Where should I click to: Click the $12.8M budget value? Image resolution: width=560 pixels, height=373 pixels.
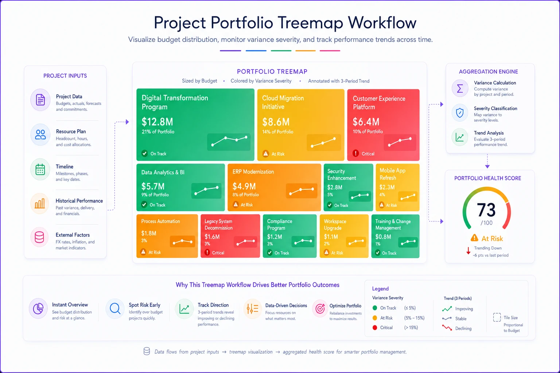(x=157, y=122)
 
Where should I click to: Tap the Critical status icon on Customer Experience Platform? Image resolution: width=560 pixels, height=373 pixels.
(x=355, y=153)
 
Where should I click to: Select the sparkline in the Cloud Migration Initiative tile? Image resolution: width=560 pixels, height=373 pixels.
(x=323, y=142)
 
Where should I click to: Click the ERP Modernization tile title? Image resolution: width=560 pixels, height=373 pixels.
(x=253, y=172)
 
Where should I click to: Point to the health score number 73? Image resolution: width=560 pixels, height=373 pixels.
(x=486, y=209)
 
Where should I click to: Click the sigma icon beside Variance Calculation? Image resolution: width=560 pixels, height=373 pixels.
(x=460, y=88)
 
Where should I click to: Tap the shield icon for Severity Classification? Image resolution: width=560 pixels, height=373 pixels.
(x=460, y=113)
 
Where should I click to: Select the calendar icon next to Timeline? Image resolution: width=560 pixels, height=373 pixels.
(x=40, y=170)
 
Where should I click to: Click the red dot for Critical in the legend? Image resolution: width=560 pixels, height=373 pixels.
(x=374, y=327)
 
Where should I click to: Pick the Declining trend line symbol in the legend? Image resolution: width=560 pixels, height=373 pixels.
(x=447, y=328)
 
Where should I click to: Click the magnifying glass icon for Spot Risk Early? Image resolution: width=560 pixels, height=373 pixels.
(x=115, y=309)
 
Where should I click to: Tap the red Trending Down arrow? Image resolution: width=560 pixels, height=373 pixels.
(x=468, y=251)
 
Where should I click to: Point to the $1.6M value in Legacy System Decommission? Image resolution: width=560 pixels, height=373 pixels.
(x=212, y=236)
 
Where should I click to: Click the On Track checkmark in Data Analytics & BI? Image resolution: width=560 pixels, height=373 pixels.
(x=144, y=205)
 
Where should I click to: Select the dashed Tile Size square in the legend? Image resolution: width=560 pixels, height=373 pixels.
(x=497, y=317)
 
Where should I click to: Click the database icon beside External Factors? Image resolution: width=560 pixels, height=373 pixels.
(x=39, y=237)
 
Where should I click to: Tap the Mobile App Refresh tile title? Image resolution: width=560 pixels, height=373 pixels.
(x=393, y=174)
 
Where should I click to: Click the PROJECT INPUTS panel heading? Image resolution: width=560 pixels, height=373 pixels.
(x=65, y=76)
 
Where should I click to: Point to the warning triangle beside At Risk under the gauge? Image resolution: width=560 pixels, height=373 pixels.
(x=474, y=238)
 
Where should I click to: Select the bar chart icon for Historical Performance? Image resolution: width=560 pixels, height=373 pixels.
(x=40, y=204)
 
